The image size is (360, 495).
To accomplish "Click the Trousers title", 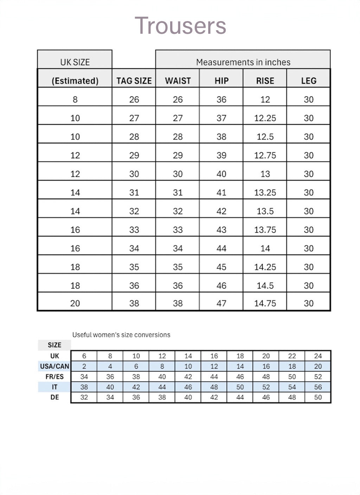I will coord(180,26).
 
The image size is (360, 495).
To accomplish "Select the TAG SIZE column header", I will coord(134,81).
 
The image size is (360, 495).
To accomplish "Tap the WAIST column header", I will coord(178,81).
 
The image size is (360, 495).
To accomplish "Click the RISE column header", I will coord(265,81).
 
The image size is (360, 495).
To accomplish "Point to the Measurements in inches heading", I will coord(243,62).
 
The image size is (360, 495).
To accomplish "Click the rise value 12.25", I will coord(265,118).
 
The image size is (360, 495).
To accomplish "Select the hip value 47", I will coord(221,303).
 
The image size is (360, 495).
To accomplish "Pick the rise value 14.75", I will coord(265,303).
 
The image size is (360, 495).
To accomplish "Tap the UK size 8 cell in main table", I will coord(75,99).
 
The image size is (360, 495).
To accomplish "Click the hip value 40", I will coord(221,174).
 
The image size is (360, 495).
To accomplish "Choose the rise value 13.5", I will coord(265,211).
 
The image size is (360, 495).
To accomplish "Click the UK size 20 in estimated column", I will coord(75,303).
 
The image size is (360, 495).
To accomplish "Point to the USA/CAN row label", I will coord(54,366).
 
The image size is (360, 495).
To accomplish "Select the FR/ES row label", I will coord(54,377).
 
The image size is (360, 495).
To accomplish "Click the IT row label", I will coord(54,387).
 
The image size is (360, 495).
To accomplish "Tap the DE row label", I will coord(54,397).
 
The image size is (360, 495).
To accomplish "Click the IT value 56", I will coord(318,387).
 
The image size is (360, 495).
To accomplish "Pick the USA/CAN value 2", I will coord(84,366).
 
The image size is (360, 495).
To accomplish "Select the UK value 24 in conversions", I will coord(318,356).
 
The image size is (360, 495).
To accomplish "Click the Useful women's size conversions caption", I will coord(121,335).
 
